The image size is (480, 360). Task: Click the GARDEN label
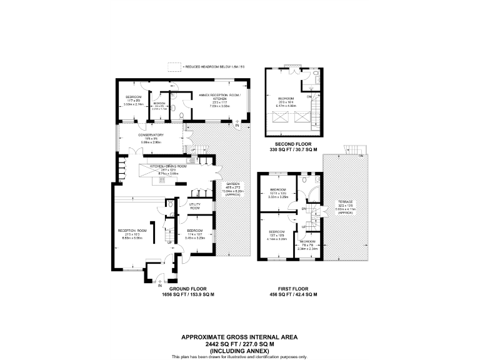tap(233, 184)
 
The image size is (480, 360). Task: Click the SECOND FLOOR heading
tap(293, 144)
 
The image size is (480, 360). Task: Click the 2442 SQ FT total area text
tap(239, 342)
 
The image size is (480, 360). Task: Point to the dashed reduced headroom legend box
tap(174, 66)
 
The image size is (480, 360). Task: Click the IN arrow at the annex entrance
tap(237, 126)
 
